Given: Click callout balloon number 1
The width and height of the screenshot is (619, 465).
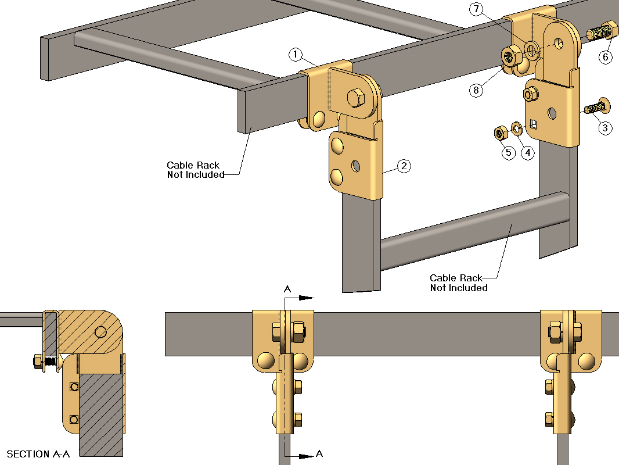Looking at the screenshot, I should pyautogui.click(x=296, y=55).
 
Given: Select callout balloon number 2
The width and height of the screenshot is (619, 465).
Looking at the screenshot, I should pyautogui.click(x=404, y=166).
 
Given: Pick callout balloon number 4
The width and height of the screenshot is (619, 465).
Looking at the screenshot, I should pyautogui.click(x=527, y=153).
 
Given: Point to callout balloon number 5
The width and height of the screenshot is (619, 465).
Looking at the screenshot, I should pyautogui.click(x=509, y=153).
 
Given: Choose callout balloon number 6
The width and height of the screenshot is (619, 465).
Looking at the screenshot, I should pyautogui.click(x=606, y=57).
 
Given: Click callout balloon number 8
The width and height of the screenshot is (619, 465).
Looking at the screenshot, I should pyautogui.click(x=476, y=90).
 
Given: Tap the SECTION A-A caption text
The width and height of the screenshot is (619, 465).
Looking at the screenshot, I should pyautogui.click(x=38, y=454).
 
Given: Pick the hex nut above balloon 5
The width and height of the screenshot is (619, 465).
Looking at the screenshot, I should pyautogui.click(x=499, y=133).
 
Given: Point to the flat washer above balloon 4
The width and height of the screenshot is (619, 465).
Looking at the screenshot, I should pyautogui.click(x=516, y=127).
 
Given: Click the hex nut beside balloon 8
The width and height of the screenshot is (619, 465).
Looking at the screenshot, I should pyautogui.click(x=510, y=57).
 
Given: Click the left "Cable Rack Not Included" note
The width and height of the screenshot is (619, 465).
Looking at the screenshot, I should pyautogui.click(x=193, y=170).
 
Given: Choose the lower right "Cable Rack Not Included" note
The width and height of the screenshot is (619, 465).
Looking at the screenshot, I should pyautogui.click(x=459, y=283).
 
